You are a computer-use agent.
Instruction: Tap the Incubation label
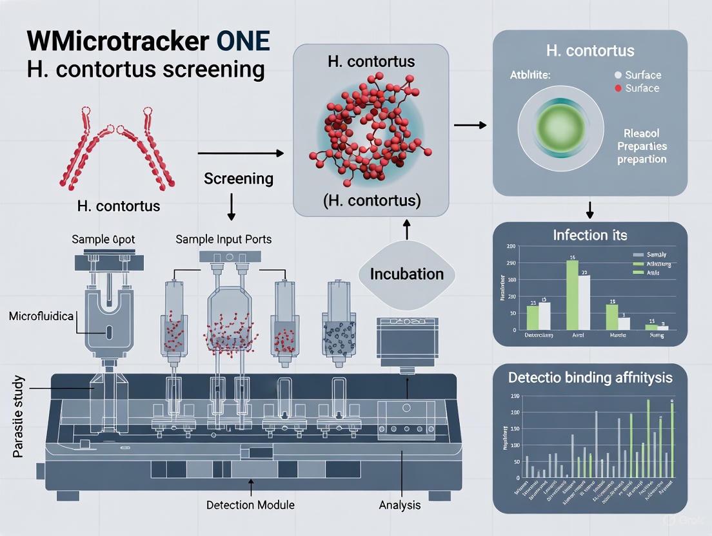pyautogui.click(x=406, y=274)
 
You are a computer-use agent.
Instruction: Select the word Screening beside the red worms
pyautogui.click(x=238, y=178)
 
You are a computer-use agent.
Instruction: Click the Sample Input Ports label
pyautogui.click(x=223, y=239)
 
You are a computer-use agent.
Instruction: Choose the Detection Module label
pyautogui.click(x=249, y=505)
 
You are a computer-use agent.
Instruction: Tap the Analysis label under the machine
pyautogui.click(x=399, y=505)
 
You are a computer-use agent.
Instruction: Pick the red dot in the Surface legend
pyautogui.click(x=618, y=88)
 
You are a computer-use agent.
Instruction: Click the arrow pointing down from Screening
pyautogui.click(x=232, y=207)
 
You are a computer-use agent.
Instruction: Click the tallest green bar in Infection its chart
pyautogui.click(x=571, y=294)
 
